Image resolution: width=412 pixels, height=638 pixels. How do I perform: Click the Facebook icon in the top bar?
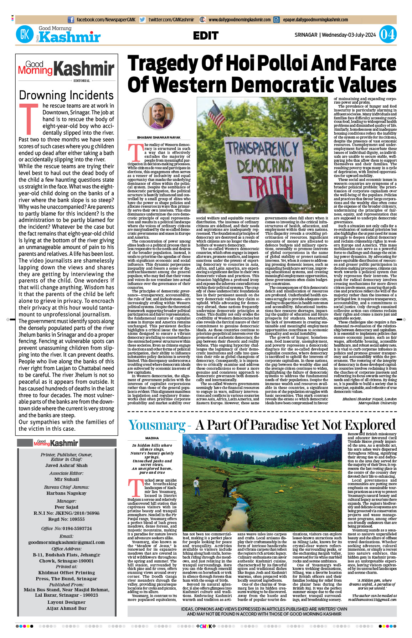71,20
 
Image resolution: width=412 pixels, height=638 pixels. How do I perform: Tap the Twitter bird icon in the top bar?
142,20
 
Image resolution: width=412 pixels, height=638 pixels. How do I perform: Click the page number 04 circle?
387,35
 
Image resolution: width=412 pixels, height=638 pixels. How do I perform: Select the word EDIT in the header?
206,36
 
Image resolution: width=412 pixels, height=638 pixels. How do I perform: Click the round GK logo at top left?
25,35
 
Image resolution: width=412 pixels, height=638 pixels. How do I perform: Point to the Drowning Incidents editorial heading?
66,95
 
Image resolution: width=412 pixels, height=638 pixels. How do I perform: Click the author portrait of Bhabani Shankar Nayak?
159,114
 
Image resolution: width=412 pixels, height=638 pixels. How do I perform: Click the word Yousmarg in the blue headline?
157,425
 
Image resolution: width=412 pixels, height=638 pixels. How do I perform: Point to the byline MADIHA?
152,438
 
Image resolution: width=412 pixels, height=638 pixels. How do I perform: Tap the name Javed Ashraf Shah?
66,466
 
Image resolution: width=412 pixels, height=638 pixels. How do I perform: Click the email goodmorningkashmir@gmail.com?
66,543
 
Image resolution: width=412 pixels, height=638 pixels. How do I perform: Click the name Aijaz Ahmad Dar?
66,608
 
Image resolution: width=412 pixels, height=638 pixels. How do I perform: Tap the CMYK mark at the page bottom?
206,626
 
